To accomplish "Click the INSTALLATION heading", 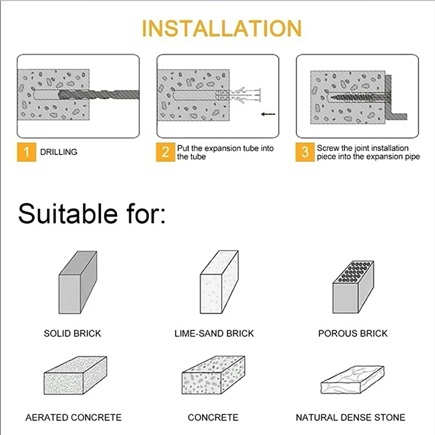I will pyautogui.click(x=222, y=29).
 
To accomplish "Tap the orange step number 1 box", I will pyautogui.click(x=27, y=152).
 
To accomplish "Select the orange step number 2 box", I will pyautogui.click(x=166, y=152).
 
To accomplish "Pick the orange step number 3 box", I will pyautogui.click(x=305, y=152).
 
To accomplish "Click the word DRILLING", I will pyautogui.click(x=59, y=152).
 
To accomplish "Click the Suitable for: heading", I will pyautogui.click(x=92, y=213).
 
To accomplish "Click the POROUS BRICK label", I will pyautogui.click(x=353, y=334).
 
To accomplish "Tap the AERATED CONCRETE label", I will pyautogui.click(x=73, y=418).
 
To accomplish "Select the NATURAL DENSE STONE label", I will pyautogui.click(x=350, y=418).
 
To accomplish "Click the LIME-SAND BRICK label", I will pyautogui.click(x=214, y=334).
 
